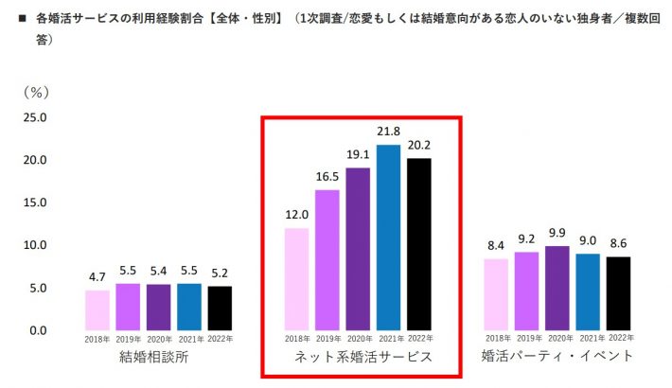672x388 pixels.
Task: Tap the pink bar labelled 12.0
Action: pos(297,279)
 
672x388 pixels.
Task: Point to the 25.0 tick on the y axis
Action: pos(34,117)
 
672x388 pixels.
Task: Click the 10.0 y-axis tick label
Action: pos(34,245)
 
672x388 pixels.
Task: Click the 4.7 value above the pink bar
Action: pos(97,278)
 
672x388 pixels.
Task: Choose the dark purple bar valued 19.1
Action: pos(358,249)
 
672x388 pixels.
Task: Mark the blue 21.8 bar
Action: pos(388,238)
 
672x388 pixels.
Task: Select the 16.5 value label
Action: pos(327,176)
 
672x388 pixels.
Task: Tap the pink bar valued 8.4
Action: pos(495,294)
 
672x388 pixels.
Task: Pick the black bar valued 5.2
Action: pos(220,308)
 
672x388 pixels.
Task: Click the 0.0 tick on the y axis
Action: pos(37,330)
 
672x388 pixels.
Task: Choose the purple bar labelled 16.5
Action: pos(327,260)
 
